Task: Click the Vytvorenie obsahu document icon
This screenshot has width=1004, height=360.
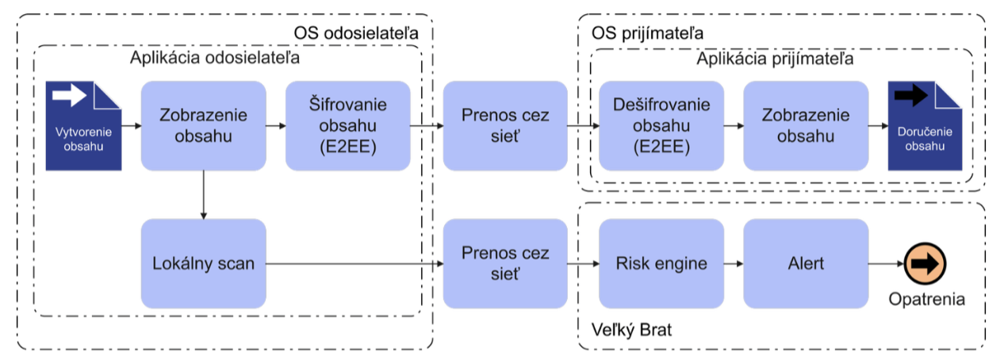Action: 83,126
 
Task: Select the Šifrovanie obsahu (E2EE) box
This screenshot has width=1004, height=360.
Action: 347,126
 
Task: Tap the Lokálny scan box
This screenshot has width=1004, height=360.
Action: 203,263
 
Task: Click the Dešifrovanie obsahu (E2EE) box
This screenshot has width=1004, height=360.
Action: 661,126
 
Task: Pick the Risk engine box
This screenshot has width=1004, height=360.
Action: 661,263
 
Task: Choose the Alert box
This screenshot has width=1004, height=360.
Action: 806,263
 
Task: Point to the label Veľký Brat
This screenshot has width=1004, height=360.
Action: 632,329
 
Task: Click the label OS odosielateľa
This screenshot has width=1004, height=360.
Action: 354,33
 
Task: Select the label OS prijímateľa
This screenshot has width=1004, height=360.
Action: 648,33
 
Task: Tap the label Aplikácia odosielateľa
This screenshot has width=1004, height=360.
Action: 214,58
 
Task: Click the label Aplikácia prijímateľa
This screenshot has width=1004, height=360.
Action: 775,59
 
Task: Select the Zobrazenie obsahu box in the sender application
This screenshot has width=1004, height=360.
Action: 203,126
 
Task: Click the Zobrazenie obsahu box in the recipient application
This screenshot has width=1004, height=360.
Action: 806,126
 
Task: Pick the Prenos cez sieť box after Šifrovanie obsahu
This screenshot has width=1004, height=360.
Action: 505,126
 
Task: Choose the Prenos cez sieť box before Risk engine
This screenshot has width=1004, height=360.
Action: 505,263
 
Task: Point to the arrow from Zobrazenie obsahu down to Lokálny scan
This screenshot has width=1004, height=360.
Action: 204,195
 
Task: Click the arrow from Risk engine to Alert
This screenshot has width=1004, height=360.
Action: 734,263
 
